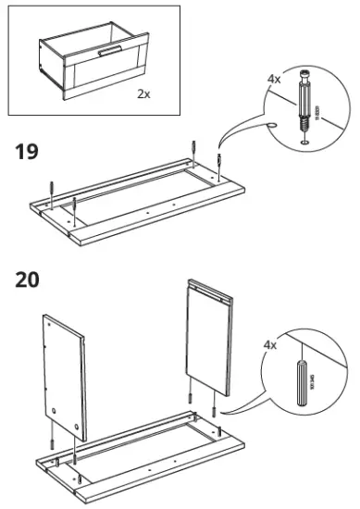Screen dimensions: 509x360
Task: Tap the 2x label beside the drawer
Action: [x=143, y=93]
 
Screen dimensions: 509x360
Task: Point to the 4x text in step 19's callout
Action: [x=273, y=80]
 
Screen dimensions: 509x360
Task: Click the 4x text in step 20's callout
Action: [x=270, y=345]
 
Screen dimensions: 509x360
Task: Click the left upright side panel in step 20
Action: [x=64, y=378]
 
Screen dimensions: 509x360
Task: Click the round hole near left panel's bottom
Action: [x=55, y=408]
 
